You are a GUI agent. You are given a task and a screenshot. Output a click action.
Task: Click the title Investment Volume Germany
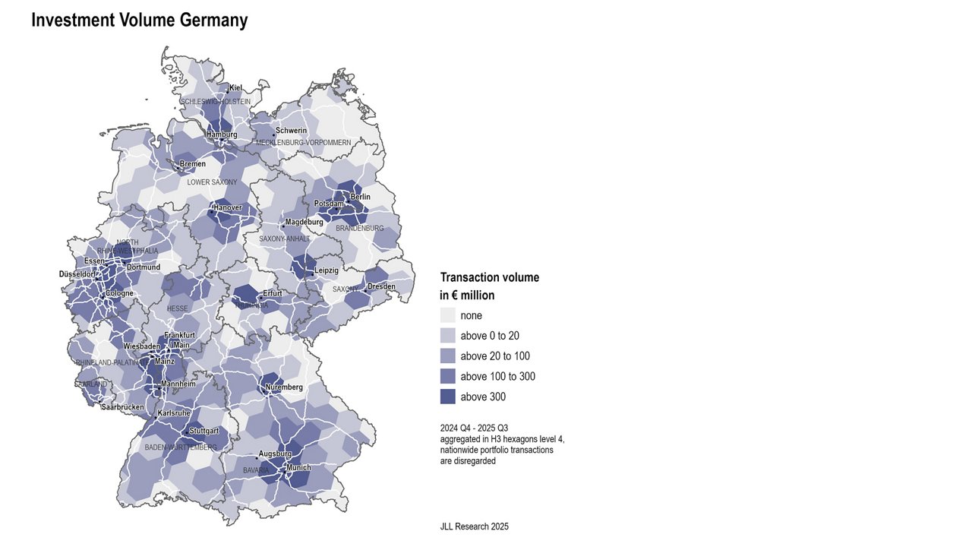[139, 21]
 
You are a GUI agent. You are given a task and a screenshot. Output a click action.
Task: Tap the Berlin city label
[360, 197]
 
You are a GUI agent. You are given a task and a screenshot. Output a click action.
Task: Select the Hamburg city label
[222, 134]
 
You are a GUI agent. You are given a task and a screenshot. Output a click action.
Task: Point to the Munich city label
[298, 467]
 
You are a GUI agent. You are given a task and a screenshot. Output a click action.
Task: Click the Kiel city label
[235, 88]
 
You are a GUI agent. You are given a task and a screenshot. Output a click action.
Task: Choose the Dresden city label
[381, 286]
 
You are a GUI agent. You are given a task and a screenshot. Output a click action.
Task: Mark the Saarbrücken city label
[123, 407]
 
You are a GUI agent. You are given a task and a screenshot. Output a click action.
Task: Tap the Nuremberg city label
[284, 387]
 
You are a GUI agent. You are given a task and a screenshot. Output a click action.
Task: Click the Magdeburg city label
[304, 222]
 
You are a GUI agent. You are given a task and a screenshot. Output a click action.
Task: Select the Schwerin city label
[291, 131]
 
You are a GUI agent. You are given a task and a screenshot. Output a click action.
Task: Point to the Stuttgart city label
[204, 431]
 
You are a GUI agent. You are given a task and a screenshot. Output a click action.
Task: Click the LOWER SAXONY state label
[212, 182]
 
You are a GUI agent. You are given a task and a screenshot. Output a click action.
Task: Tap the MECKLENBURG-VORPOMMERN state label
[303, 143]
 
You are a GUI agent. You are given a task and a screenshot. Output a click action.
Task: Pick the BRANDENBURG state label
[359, 228]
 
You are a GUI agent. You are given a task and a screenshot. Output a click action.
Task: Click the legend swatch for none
[447, 315]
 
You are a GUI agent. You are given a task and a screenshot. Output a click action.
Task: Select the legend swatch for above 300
[447, 397]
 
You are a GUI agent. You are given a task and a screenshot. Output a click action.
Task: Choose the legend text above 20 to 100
[495, 356]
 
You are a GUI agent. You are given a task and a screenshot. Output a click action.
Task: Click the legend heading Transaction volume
[490, 277]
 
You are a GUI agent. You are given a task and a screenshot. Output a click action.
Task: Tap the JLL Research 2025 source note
[474, 526]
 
